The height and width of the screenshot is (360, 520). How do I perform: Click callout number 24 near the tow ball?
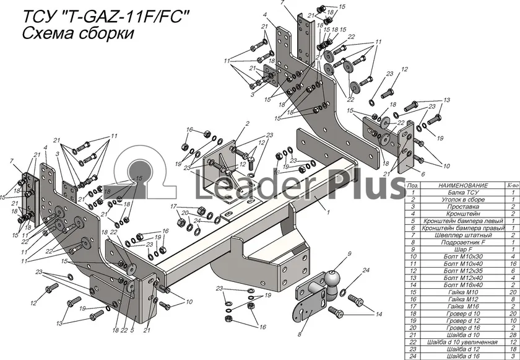tap(366, 270)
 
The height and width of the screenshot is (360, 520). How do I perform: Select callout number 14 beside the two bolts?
tap(379, 315)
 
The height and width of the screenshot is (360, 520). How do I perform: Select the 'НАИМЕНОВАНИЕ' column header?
tap(462, 185)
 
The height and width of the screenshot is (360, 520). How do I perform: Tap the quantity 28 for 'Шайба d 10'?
tap(513, 335)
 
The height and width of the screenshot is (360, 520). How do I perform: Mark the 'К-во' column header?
tap(513, 185)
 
